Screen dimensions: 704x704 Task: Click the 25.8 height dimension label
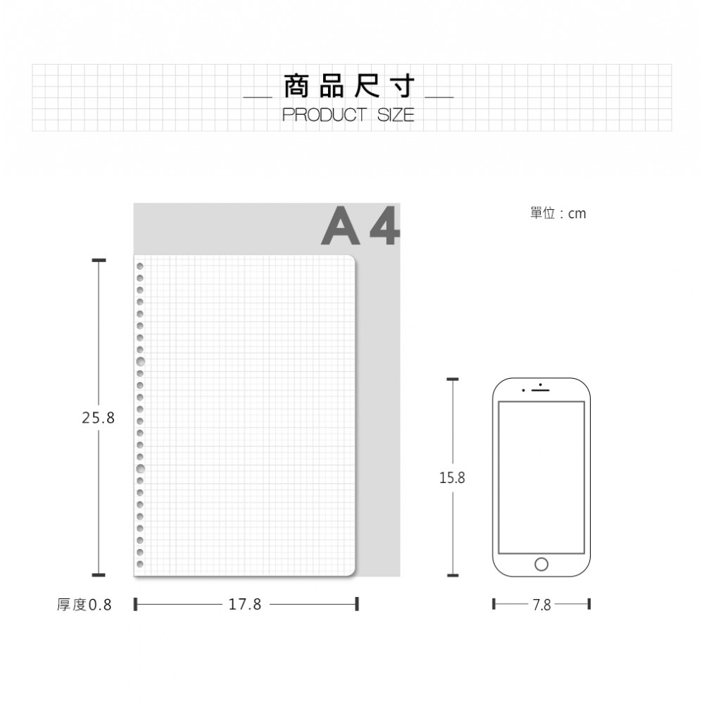(99, 418)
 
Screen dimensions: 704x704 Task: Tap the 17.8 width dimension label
(245, 604)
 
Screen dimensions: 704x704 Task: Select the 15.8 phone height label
(452, 478)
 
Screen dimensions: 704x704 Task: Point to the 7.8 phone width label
(541, 605)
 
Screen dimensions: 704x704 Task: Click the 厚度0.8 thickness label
(84, 605)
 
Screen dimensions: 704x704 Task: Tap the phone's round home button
(541, 564)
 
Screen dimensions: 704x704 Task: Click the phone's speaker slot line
(541, 390)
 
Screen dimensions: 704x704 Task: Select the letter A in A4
(341, 225)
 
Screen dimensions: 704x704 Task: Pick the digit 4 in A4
(384, 225)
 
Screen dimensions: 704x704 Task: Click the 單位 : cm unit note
(558, 213)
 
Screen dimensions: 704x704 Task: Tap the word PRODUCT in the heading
(324, 115)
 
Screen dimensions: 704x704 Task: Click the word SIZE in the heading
(396, 115)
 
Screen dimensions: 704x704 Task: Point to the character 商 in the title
(297, 87)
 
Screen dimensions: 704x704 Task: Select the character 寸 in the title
(402, 87)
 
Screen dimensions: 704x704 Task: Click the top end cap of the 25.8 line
(99, 260)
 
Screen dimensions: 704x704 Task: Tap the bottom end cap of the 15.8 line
(453, 575)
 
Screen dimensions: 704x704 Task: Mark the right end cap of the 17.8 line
(357, 604)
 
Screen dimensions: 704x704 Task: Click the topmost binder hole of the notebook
(140, 266)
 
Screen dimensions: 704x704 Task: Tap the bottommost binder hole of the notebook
(140, 564)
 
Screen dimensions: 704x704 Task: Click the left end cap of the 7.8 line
(494, 604)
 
